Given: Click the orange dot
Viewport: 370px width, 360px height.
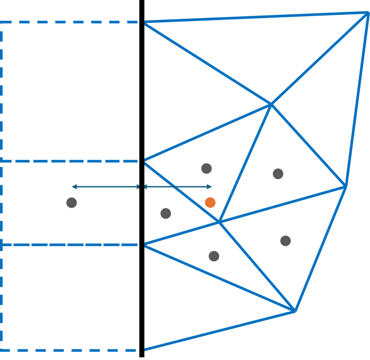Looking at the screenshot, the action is [x=210, y=202].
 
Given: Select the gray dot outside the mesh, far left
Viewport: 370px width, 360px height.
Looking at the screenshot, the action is [x=72, y=202].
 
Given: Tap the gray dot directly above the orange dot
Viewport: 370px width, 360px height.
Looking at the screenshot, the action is [x=206, y=168].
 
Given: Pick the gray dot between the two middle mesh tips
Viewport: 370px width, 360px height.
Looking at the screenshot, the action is [x=165, y=213].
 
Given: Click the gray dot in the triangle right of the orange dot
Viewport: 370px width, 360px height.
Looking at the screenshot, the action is [x=278, y=173].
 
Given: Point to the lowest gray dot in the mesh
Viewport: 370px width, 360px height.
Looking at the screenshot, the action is [x=214, y=256].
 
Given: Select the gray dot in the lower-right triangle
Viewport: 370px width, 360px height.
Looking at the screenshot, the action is [x=285, y=241].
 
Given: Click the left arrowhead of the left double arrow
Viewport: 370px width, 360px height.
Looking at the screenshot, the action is [x=73, y=187].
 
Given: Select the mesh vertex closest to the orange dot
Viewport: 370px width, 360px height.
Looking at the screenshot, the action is [x=219, y=221].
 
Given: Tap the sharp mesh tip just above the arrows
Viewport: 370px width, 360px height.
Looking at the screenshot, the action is [x=145, y=160].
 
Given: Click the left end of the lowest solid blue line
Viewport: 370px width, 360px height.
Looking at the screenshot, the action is [x=145, y=349].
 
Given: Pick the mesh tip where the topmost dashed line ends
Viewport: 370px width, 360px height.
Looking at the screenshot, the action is [x=145, y=23].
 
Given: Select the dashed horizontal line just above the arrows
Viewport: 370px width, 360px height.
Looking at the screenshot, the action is [x=69, y=161].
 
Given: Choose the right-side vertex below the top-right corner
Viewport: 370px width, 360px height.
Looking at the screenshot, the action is [x=346, y=186].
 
